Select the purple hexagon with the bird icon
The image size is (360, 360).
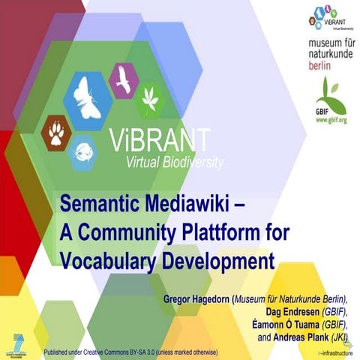coord(122,80)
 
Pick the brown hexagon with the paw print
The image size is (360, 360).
coord(57,133)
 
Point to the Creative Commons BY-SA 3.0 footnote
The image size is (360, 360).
coord(131,351)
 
